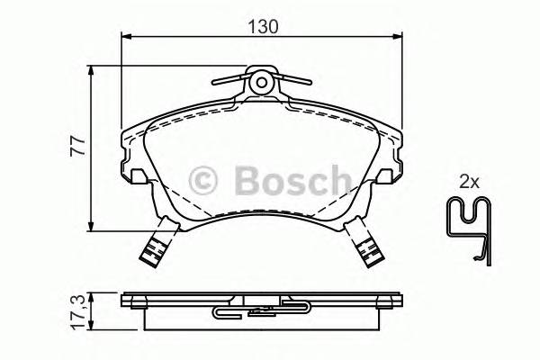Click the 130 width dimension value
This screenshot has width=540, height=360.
[262, 27]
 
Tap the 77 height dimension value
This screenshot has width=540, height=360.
[78, 143]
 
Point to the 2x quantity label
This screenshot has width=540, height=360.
[468, 181]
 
